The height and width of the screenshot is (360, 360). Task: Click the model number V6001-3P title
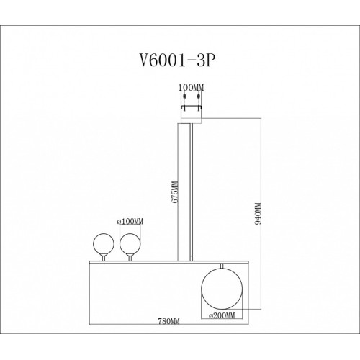[176, 60]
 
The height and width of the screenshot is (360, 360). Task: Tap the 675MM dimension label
[175, 192]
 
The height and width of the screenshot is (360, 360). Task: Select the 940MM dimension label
[258, 213]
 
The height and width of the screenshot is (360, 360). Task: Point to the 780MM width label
[168, 321]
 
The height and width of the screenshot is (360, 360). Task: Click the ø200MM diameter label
[222, 315]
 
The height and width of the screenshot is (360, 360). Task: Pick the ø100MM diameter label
[130, 221]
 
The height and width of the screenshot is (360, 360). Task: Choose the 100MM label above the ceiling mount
[191, 88]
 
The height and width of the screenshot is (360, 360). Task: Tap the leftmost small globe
[104, 244]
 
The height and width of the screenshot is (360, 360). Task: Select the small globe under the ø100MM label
[130, 244]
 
